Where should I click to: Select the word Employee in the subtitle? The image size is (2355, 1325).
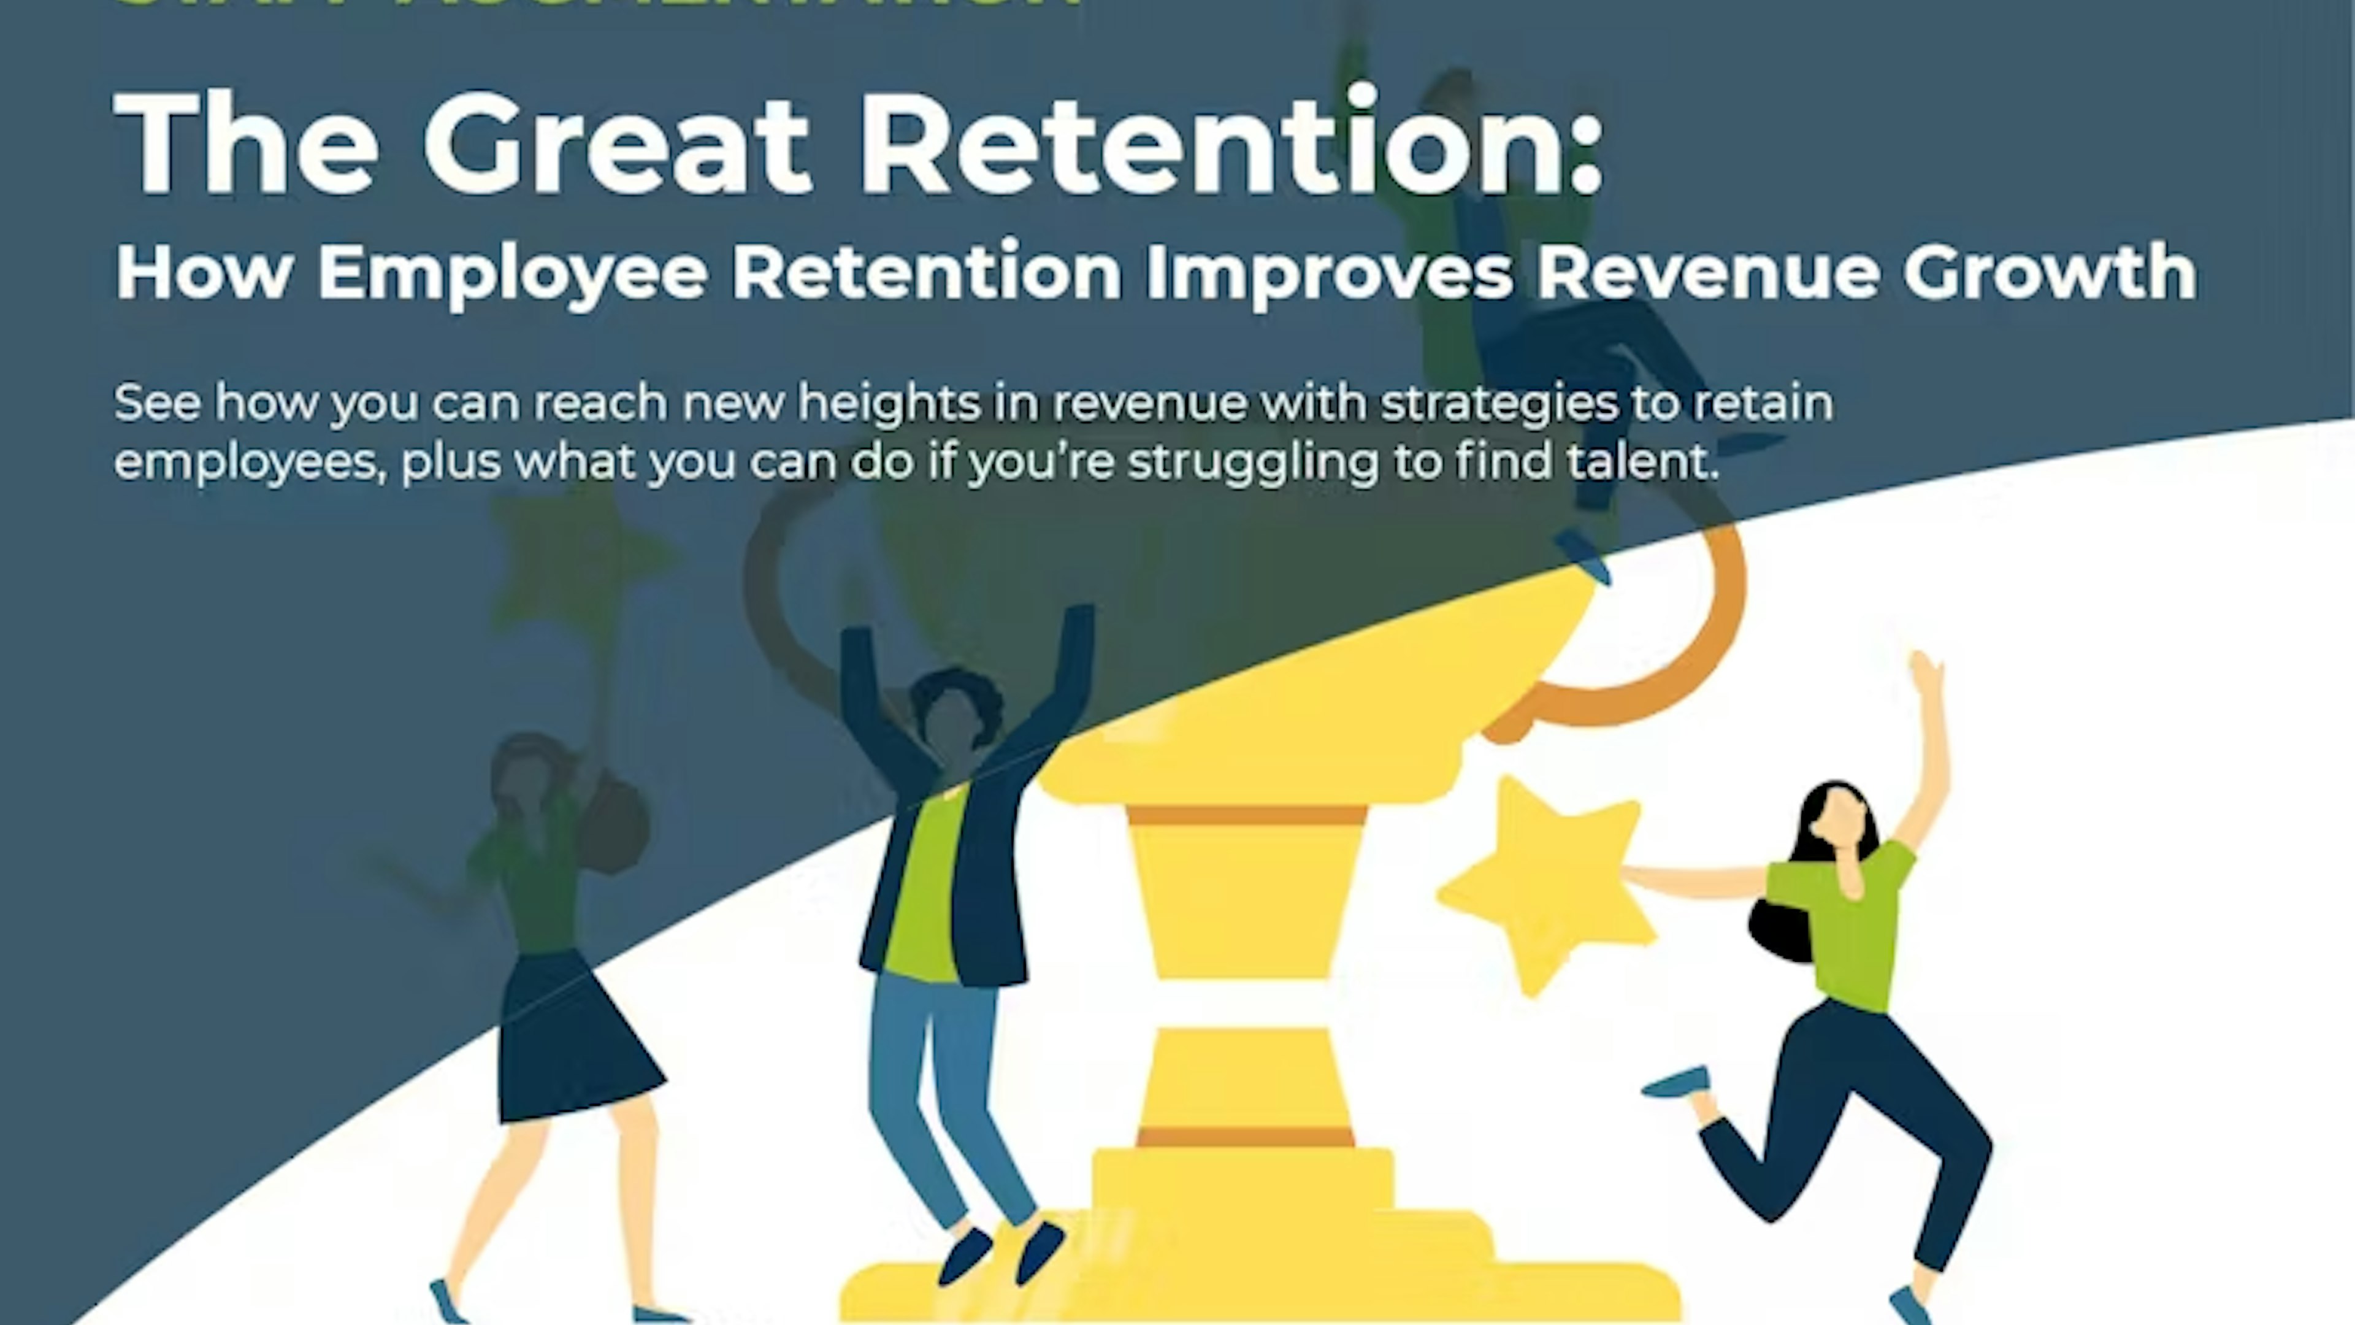pyautogui.click(x=512, y=272)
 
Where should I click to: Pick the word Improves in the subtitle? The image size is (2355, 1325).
pyautogui.click(x=1328, y=272)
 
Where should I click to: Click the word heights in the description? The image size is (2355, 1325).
pyautogui.click(x=889, y=403)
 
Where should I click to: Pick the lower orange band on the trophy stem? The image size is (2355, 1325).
pyautogui.click(x=1245, y=1137)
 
